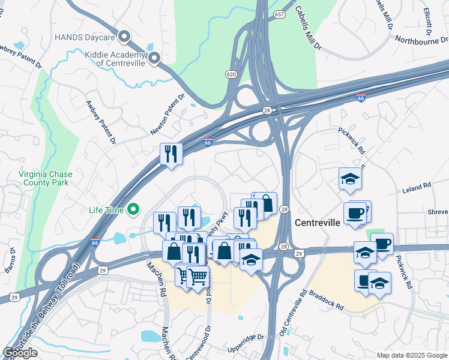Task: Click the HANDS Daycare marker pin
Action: [125, 37]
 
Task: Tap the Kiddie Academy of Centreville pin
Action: [154, 58]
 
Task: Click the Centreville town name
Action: [318, 223]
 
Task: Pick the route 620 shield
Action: [231, 74]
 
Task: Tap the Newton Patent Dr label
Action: [169, 113]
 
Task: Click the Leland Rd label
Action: [418, 187]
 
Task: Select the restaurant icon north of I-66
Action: [171, 155]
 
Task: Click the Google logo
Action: [20, 353]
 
